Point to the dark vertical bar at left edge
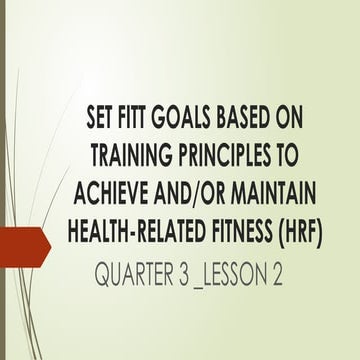pyautogui.click(x=2, y=180)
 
